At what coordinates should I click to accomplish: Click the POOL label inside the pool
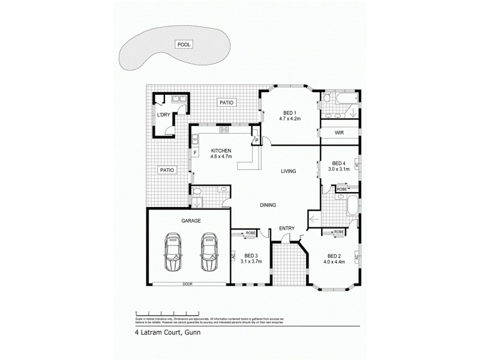coord(183,44)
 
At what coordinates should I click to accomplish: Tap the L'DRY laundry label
coord(163,115)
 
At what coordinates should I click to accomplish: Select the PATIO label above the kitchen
coord(226,103)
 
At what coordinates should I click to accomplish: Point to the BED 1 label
coord(289,112)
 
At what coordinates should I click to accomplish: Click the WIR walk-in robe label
coord(338,133)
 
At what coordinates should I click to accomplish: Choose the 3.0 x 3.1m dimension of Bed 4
coord(339,170)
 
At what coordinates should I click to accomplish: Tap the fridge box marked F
coord(195,153)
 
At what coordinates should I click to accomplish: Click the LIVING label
coord(290,171)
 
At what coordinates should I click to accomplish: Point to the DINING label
coord(268,205)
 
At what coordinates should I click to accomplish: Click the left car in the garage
coord(174,254)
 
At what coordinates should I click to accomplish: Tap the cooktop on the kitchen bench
coord(224,129)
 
